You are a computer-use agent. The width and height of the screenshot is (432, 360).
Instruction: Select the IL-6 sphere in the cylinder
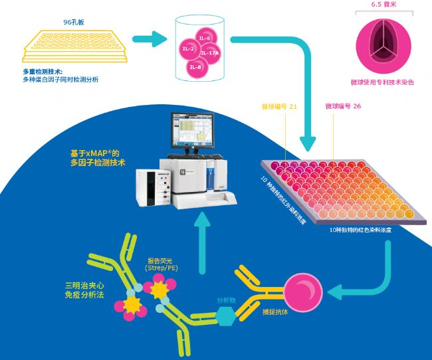point(205,39)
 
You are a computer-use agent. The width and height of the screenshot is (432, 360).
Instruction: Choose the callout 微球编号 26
point(343,106)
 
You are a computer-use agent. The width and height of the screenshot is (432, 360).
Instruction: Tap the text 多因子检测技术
point(98,162)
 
